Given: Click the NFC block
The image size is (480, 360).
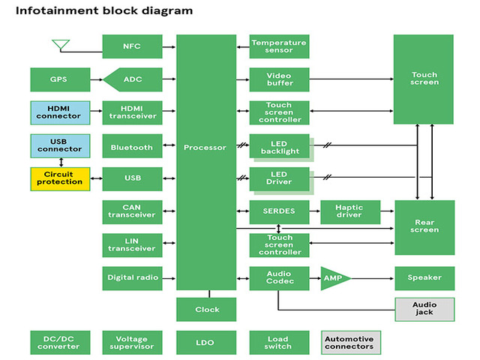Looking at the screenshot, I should pos(132,46).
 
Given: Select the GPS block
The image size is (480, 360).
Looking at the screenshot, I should pos(59,79).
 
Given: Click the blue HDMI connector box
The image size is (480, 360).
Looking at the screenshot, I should pos(59,112).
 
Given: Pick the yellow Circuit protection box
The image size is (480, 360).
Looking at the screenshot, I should pos(59,178).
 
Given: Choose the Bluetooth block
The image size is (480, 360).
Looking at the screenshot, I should pos(132,147).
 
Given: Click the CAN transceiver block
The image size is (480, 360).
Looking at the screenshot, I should pos(132,211).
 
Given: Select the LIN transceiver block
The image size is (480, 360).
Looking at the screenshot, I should pos(132,244).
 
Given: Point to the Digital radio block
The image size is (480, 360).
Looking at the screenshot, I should pos(132,277).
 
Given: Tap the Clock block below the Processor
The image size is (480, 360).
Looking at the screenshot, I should pos(206,309).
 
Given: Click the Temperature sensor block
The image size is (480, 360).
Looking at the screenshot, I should pos(279,46).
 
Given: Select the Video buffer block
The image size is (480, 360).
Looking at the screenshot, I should pos(279,79).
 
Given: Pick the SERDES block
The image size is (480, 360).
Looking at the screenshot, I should pos(279,211).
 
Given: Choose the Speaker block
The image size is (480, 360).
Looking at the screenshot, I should pos(424,277).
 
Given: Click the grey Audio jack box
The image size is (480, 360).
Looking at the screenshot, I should pos(424,307).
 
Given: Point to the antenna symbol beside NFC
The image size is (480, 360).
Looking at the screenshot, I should pos(61,45).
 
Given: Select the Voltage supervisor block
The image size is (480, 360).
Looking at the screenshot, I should pos(132,342).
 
